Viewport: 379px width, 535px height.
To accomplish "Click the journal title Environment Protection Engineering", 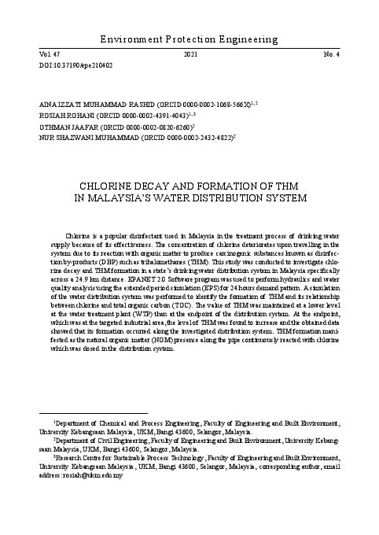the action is pyautogui.click(x=189, y=38).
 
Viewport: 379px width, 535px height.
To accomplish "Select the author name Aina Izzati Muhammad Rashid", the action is pyautogui.click(x=70, y=104).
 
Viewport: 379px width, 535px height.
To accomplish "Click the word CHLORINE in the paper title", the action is pyautogui.click(x=110, y=186).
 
